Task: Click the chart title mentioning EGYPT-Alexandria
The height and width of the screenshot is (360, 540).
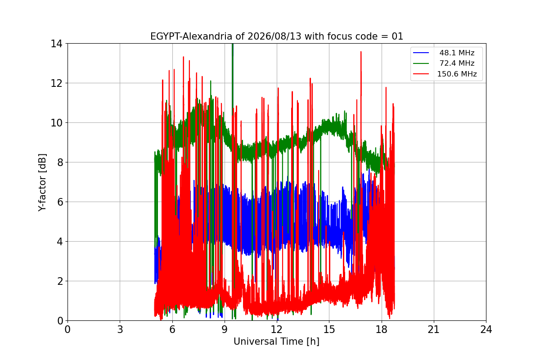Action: (x=276, y=36)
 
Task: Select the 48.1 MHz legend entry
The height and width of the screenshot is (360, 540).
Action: (x=457, y=53)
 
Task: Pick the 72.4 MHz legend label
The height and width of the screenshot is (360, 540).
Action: (x=457, y=63)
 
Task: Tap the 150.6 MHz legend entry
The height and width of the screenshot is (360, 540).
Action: (x=457, y=74)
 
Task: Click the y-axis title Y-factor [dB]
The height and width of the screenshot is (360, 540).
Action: (x=42, y=183)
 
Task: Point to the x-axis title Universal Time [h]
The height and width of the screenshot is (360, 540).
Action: (x=276, y=342)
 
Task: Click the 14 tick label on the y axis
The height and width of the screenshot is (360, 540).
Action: (x=56, y=44)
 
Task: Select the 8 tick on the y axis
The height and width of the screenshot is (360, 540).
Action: (x=60, y=162)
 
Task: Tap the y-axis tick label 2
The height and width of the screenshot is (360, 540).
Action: (x=60, y=281)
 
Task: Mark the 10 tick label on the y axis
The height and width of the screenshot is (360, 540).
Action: (x=56, y=123)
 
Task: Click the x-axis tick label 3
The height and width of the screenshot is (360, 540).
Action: (x=120, y=329)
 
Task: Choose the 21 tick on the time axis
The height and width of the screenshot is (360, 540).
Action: (x=434, y=329)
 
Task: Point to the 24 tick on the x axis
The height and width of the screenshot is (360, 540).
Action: (x=486, y=329)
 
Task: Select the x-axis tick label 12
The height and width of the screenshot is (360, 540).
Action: (x=277, y=329)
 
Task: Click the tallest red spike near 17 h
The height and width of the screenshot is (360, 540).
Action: (x=361, y=52)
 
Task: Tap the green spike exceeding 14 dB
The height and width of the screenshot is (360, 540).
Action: (x=233, y=46)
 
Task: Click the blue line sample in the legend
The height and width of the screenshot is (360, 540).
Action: (x=421, y=53)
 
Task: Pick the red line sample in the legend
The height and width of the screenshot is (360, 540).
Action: (x=421, y=74)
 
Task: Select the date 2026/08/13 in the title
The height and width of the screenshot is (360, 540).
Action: (x=274, y=36)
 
